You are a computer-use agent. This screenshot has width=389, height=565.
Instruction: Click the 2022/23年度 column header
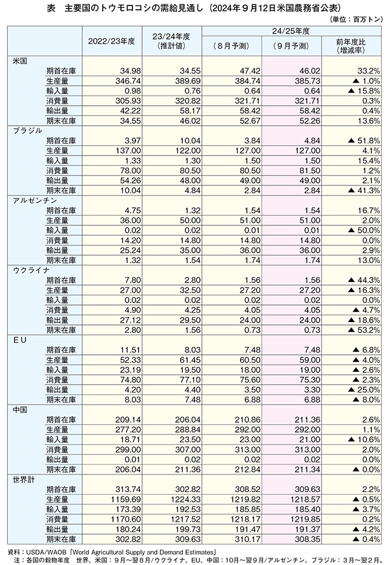point(111,41)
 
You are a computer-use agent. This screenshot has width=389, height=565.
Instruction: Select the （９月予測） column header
point(292,46)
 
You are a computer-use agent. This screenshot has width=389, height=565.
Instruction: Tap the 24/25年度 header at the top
point(291,32)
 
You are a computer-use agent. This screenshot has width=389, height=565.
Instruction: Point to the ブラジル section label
point(28,131)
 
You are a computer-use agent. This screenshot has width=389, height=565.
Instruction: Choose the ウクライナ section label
point(32,270)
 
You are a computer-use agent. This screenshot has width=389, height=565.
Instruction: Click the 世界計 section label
point(24,479)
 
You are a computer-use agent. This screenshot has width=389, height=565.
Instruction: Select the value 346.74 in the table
point(128,81)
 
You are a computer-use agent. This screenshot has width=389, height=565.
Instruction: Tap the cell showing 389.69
point(188,81)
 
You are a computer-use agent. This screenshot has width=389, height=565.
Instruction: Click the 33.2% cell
point(369,71)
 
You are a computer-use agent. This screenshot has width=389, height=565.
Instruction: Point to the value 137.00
point(128,151)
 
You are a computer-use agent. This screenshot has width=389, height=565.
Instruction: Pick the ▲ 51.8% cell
point(364,140)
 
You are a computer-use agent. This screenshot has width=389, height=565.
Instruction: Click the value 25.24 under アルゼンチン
point(130,250)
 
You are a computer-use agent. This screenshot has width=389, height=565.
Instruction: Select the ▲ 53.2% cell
point(364,330)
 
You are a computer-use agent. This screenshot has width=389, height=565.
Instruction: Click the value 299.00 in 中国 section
point(128,450)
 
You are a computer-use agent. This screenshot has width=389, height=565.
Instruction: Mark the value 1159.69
point(126,499)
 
